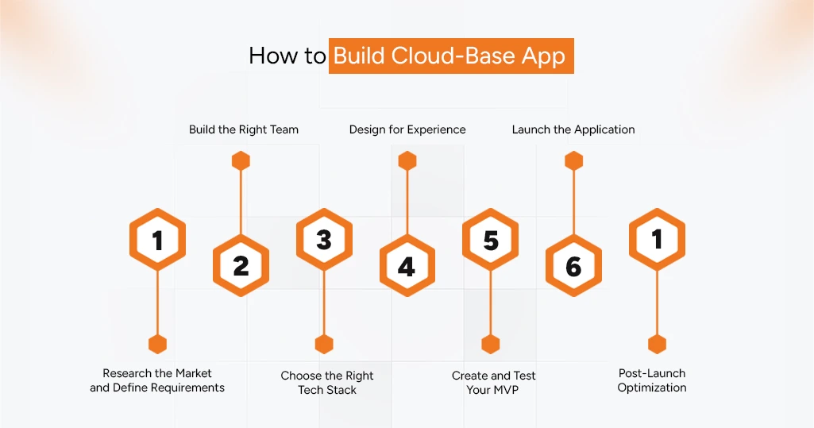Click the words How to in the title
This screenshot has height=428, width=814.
click(x=287, y=56)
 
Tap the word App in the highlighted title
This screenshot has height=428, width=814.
click(x=543, y=56)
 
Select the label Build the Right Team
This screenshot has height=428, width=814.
click(x=244, y=129)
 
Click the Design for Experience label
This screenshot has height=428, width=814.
click(x=407, y=129)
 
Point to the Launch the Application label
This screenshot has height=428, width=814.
click(x=573, y=129)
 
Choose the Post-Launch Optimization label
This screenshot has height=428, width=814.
click(x=652, y=380)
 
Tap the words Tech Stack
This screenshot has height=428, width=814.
click(x=327, y=390)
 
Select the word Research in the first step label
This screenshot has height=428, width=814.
click(x=127, y=373)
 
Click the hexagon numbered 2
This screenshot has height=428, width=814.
click(x=241, y=266)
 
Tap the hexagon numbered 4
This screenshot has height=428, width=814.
click(x=407, y=266)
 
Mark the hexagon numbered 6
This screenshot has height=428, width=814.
click(x=573, y=266)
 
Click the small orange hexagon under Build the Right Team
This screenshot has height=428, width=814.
click(x=241, y=161)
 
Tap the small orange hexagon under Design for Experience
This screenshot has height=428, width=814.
click(x=407, y=161)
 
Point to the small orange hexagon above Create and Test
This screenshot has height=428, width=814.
click(x=491, y=344)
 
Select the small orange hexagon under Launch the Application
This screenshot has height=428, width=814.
click(x=573, y=161)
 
